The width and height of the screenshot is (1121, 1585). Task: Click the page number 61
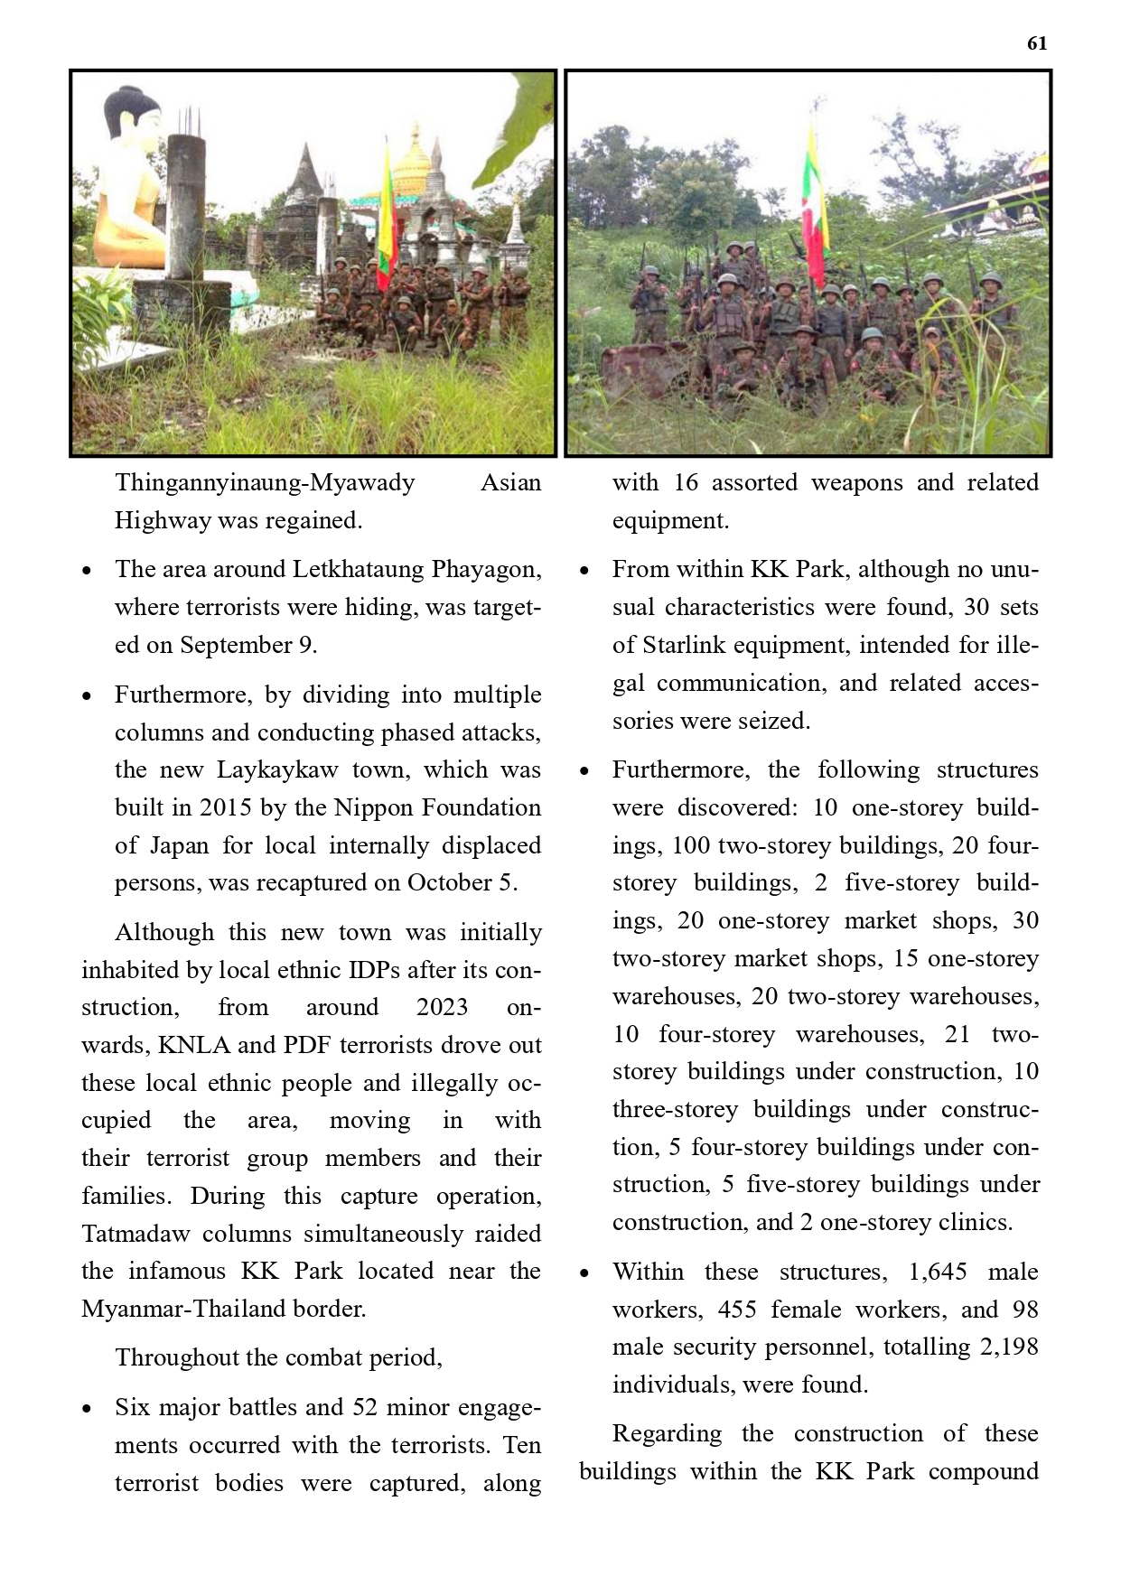coord(1037,43)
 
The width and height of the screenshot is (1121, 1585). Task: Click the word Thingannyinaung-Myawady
coord(265,482)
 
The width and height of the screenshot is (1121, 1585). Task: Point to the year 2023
coord(442,1007)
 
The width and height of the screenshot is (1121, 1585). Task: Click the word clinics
coord(974,1222)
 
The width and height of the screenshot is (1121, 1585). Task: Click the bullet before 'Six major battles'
coord(87,1409)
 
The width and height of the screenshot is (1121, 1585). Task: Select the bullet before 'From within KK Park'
coord(584,571)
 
